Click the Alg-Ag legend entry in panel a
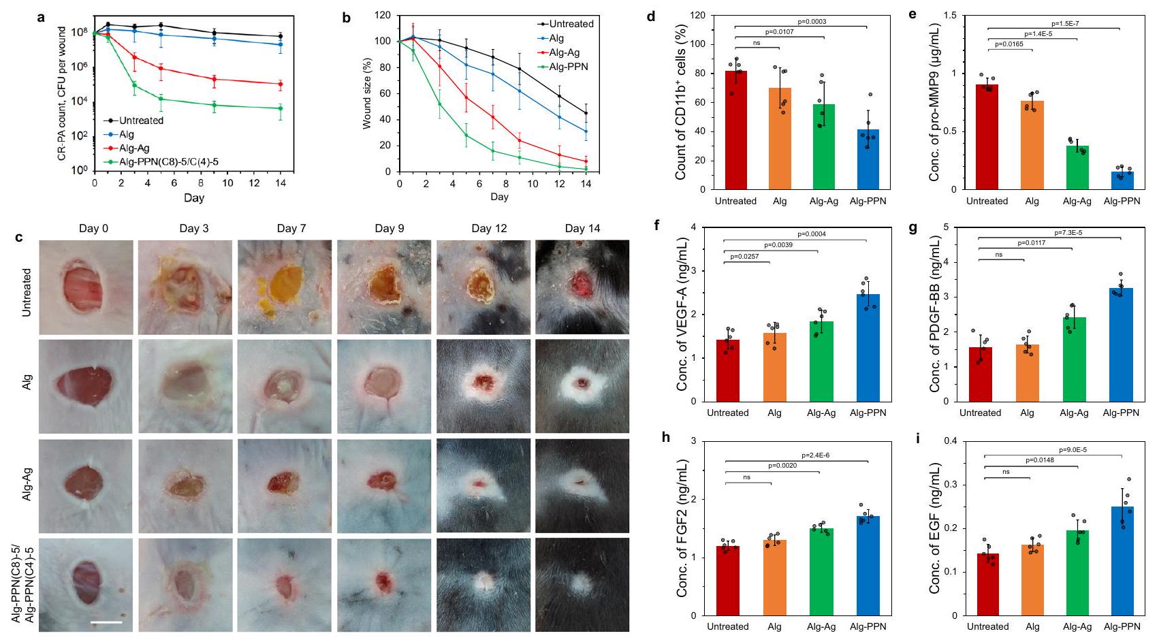(x=134, y=148)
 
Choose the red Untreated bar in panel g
(x=980, y=374)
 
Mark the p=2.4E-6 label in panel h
(x=815, y=455)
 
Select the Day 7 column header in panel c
(x=291, y=228)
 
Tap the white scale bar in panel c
(x=106, y=621)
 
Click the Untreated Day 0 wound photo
(x=86, y=287)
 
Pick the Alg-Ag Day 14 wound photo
(x=582, y=483)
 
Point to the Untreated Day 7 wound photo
(x=285, y=287)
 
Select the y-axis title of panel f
(x=682, y=314)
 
